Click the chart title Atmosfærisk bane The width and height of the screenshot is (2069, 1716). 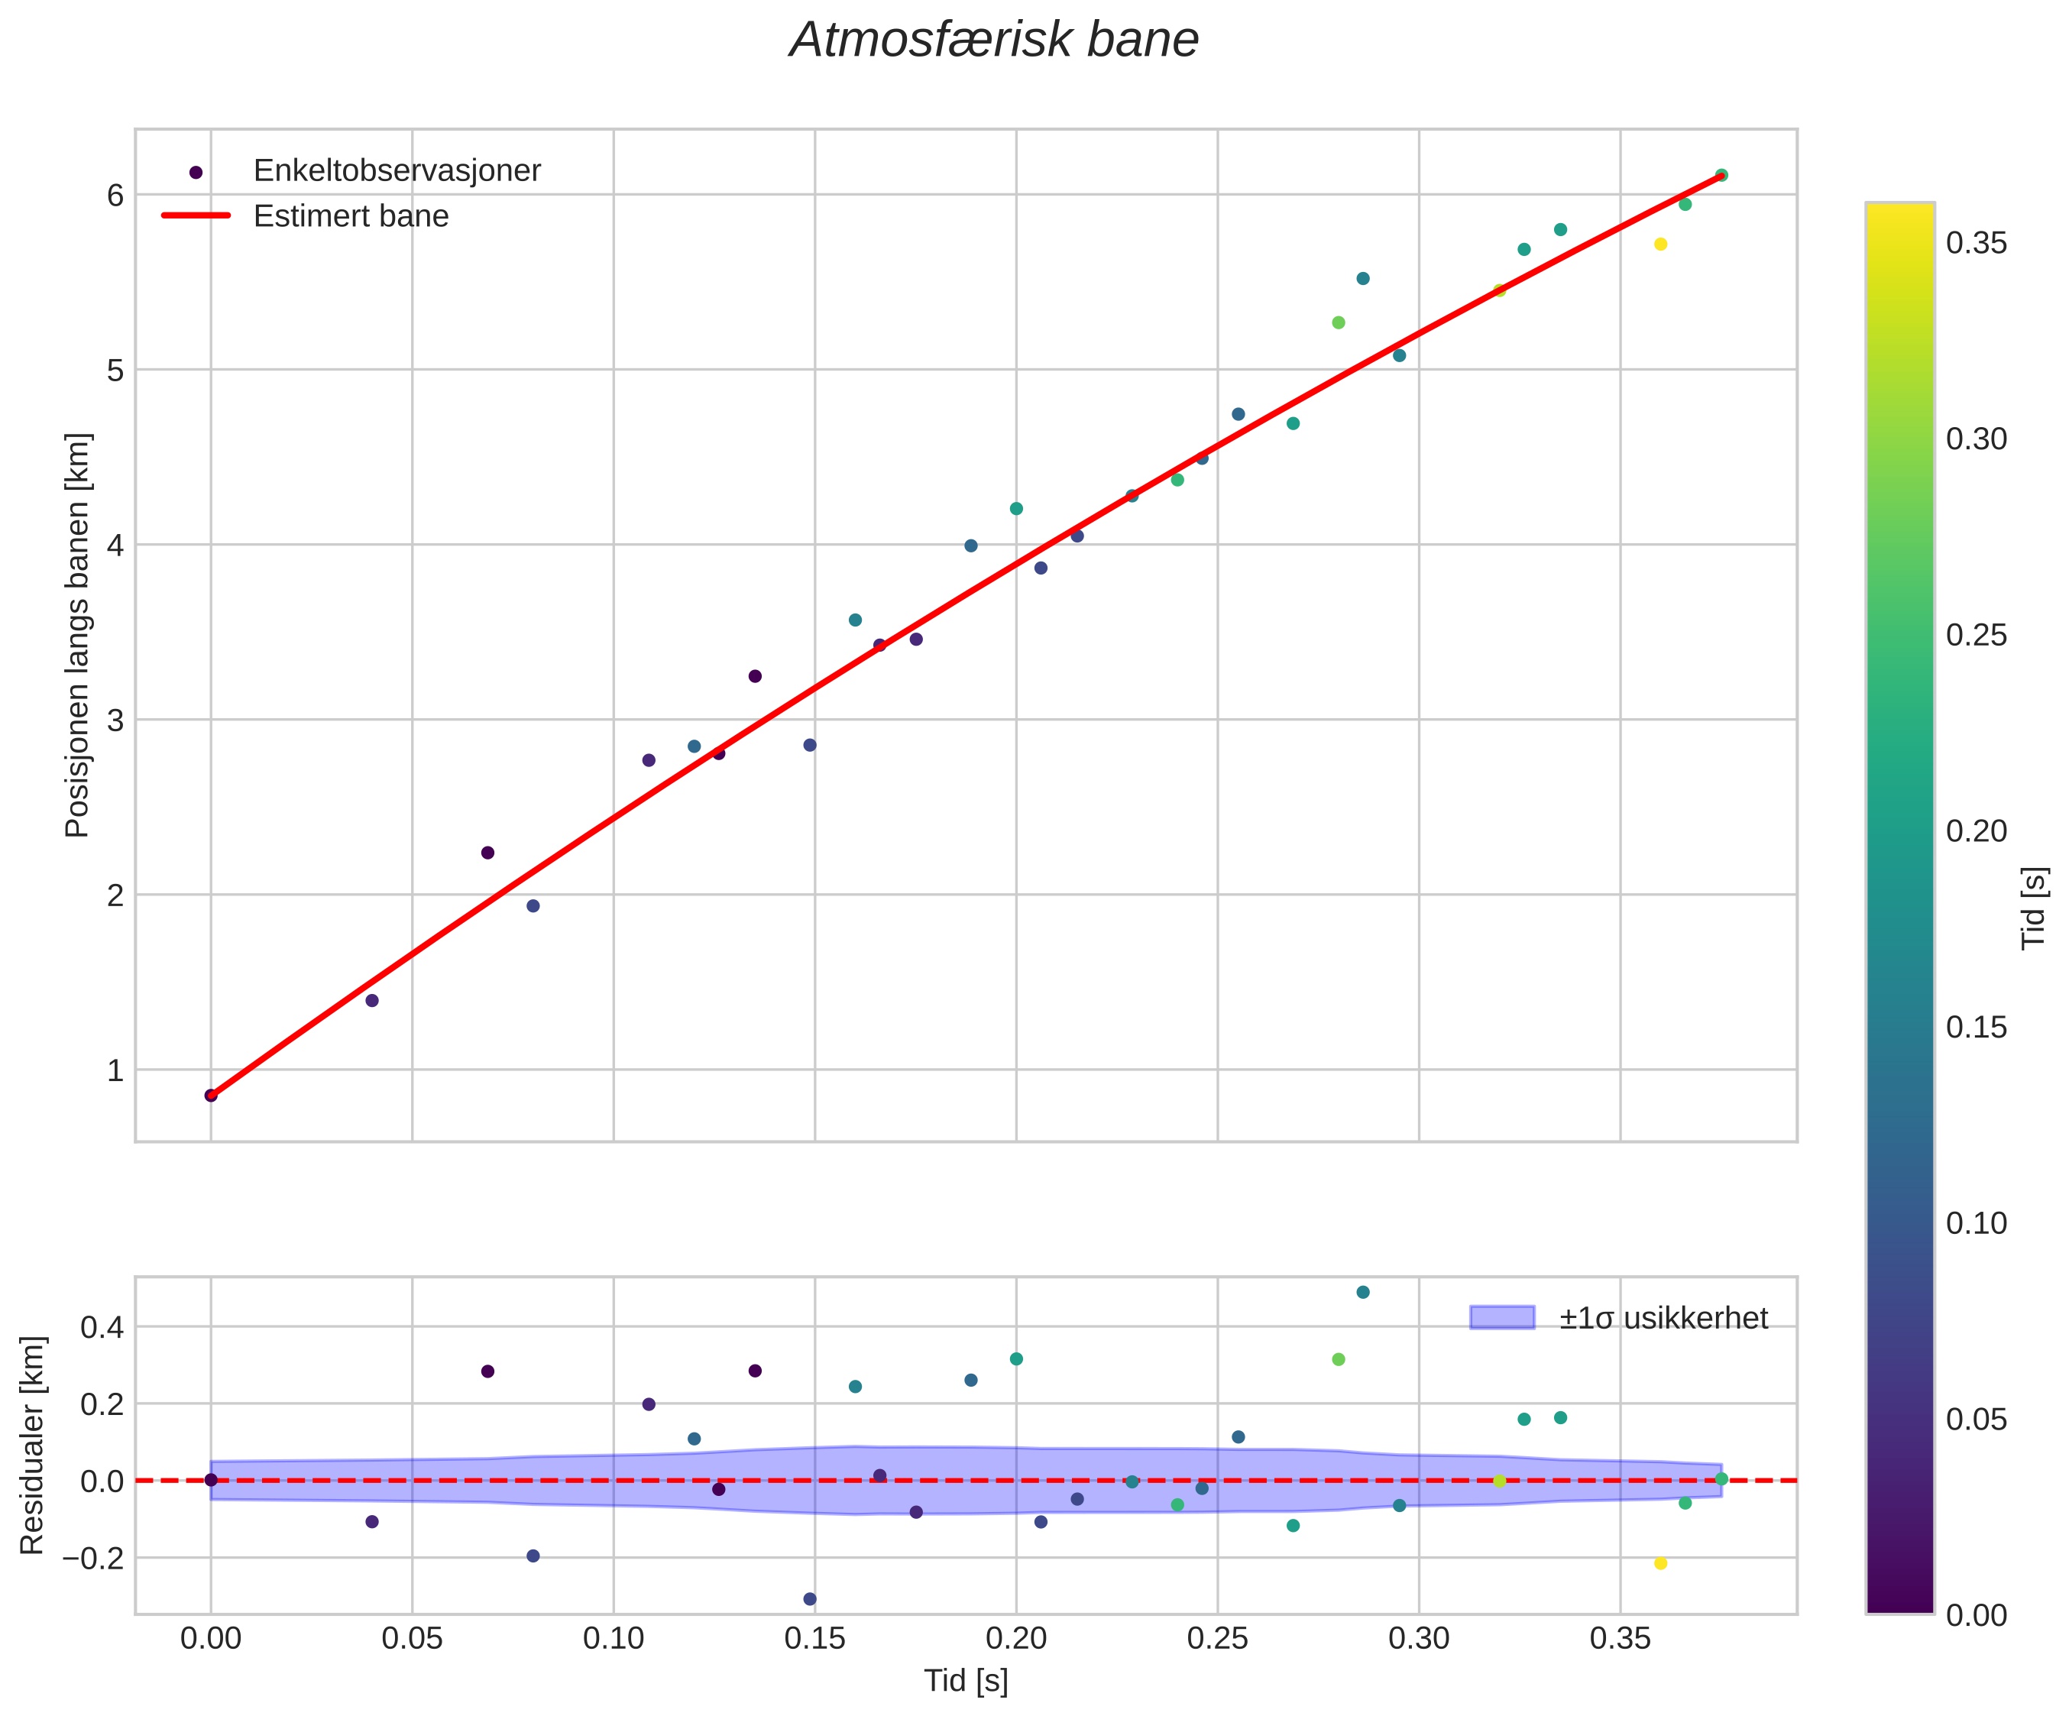[x=994, y=41]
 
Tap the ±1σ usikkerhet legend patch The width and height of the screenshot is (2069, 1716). [x=1501, y=1318]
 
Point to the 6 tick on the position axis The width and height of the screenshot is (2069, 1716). [x=116, y=195]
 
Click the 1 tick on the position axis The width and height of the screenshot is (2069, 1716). [x=116, y=1070]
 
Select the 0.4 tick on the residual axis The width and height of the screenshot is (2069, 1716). [x=102, y=1328]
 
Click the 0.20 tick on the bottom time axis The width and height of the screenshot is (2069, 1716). [x=1015, y=1639]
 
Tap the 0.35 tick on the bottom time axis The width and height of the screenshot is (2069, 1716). [x=1620, y=1639]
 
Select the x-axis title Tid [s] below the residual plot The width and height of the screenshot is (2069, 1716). [x=966, y=1682]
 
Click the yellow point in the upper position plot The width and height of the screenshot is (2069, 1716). [x=1660, y=244]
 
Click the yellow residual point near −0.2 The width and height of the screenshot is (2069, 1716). [x=1660, y=1563]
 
